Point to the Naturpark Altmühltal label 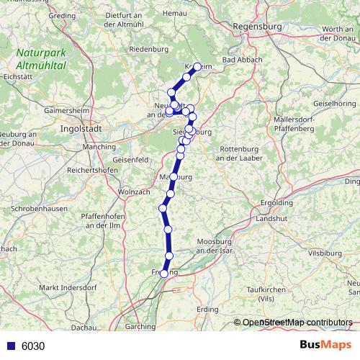click(x=42, y=58)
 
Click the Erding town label click(x=207, y=309)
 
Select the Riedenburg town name click(x=147, y=49)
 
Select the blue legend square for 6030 click(x=9, y=346)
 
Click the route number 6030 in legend click(x=33, y=346)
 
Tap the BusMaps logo click(x=322, y=346)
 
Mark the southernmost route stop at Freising click(x=165, y=274)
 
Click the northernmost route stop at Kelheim click(x=197, y=66)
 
